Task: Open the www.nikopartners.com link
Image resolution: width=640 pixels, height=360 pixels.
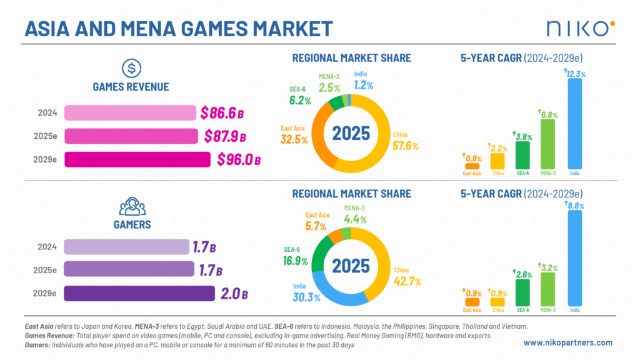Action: (567, 342)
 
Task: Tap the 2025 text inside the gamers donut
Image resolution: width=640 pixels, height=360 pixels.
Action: (351, 266)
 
